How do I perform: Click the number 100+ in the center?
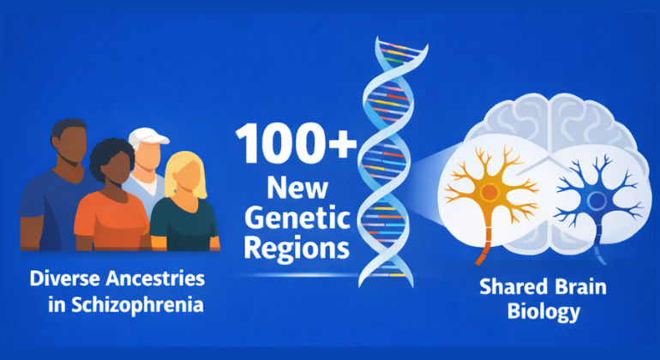coord(296,145)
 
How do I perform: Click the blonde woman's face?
coord(184,179)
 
